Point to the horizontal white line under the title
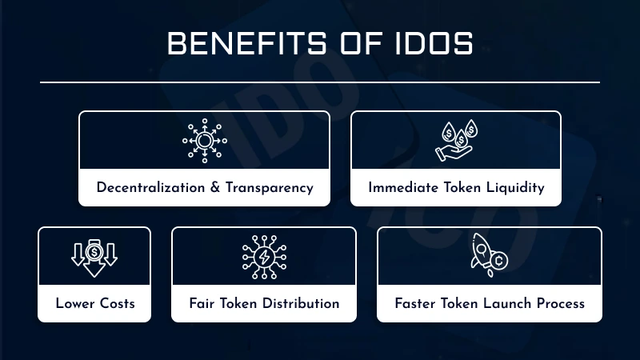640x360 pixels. point(320,82)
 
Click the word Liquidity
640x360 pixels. point(514,188)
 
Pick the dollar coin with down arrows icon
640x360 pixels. point(94,256)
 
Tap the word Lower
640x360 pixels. point(74,304)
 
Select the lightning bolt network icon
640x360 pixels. point(264,256)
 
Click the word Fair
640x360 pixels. point(202,304)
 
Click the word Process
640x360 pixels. point(560,304)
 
